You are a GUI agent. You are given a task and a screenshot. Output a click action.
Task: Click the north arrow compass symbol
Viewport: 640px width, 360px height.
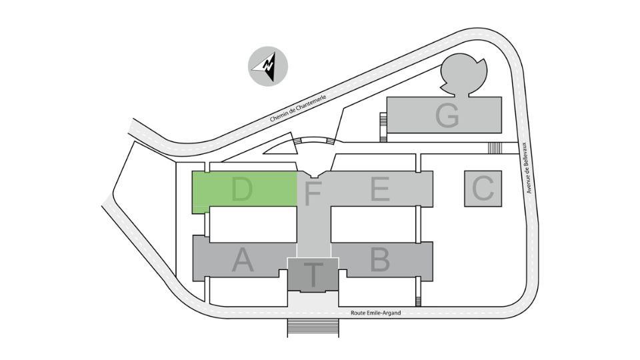click(x=268, y=66)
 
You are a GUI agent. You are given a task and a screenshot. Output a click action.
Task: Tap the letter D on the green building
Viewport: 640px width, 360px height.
click(x=241, y=189)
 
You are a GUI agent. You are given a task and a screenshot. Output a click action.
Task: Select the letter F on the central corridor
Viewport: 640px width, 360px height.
click(x=313, y=193)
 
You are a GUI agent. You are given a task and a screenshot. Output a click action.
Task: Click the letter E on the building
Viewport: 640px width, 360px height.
click(x=379, y=189)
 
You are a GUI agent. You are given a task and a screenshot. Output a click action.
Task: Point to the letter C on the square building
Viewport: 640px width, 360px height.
click(x=483, y=189)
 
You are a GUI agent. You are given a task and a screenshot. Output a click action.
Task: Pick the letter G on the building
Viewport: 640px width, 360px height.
click(x=447, y=115)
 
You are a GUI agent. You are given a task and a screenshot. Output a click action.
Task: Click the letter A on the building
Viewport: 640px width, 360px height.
click(x=243, y=260)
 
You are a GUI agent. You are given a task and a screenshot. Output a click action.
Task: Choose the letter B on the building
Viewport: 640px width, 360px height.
click(x=379, y=259)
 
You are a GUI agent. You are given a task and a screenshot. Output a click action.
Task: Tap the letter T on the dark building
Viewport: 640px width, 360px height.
click(x=313, y=274)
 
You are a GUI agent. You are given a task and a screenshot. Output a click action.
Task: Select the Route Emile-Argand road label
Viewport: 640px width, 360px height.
click(x=375, y=313)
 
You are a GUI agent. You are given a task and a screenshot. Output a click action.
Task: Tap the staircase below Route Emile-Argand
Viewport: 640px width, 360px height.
click(x=313, y=328)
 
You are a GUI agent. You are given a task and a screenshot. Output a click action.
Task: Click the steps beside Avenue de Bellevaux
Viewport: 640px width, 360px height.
click(x=495, y=148)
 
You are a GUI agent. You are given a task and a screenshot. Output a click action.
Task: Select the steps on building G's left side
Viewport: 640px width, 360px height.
click(x=383, y=127)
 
